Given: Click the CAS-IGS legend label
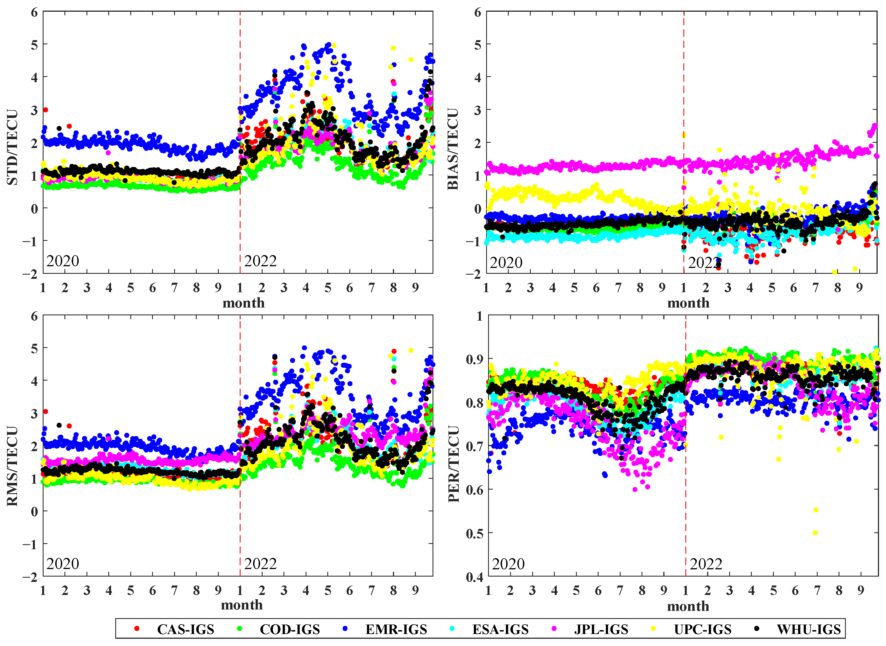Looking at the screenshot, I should (186, 629).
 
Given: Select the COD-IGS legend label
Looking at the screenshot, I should (290, 629).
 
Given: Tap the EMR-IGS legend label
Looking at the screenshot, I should (396, 629).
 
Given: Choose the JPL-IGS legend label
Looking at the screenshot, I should (601, 629).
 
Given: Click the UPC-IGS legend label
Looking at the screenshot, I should (702, 629).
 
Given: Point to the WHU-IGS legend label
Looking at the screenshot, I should (808, 629).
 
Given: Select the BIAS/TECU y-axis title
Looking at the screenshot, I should (453, 149).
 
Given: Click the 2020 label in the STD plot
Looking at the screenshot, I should (63, 261).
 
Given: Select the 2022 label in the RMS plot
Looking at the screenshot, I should (260, 564).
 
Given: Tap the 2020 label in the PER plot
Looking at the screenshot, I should (508, 564).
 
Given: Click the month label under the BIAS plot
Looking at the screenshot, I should (688, 303).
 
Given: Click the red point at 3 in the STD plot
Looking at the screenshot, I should (45, 110).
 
